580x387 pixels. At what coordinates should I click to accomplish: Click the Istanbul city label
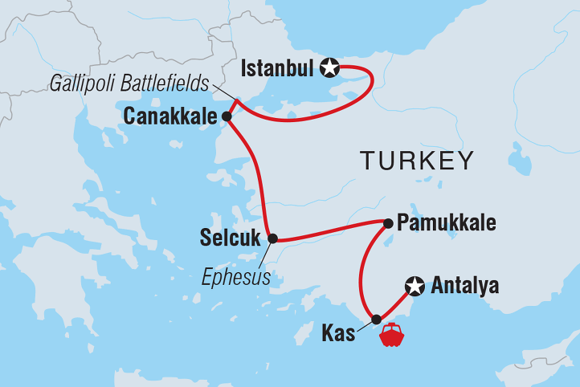point(276,69)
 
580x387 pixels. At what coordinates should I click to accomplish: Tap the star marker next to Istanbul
point(329,68)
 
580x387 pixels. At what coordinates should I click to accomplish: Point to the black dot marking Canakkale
point(227,116)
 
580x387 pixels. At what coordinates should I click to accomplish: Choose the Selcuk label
point(232,239)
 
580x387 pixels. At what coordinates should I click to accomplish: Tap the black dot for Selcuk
point(272,238)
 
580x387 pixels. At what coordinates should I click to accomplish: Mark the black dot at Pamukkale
point(387,223)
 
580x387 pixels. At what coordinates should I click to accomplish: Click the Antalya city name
point(465,285)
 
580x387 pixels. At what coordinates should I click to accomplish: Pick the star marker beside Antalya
point(415,285)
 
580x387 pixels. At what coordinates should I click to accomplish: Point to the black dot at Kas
point(375,319)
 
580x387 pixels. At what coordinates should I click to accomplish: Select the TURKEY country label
point(416,161)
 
